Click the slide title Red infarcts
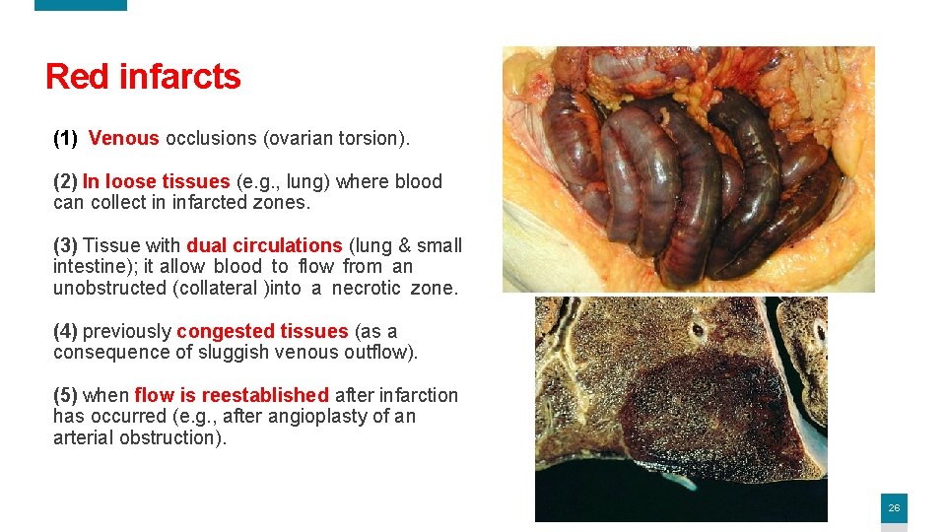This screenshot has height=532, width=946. [143, 77]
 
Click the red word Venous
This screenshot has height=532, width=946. [123, 139]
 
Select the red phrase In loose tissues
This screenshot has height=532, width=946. [156, 182]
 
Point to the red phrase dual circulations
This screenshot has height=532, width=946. [264, 246]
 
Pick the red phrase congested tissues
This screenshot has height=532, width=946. [262, 332]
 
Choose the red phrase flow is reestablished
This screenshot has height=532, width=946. [232, 396]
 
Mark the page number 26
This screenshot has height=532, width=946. [894, 508]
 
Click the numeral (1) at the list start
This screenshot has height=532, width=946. [65, 139]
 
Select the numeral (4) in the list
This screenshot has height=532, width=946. [65, 332]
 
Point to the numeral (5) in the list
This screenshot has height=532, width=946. [65, 396]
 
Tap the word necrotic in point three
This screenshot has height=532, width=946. [366, 289]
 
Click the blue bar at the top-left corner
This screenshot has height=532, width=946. [81, 5]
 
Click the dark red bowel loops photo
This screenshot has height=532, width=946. [688, 169]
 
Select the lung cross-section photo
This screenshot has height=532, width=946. [681, 409]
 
